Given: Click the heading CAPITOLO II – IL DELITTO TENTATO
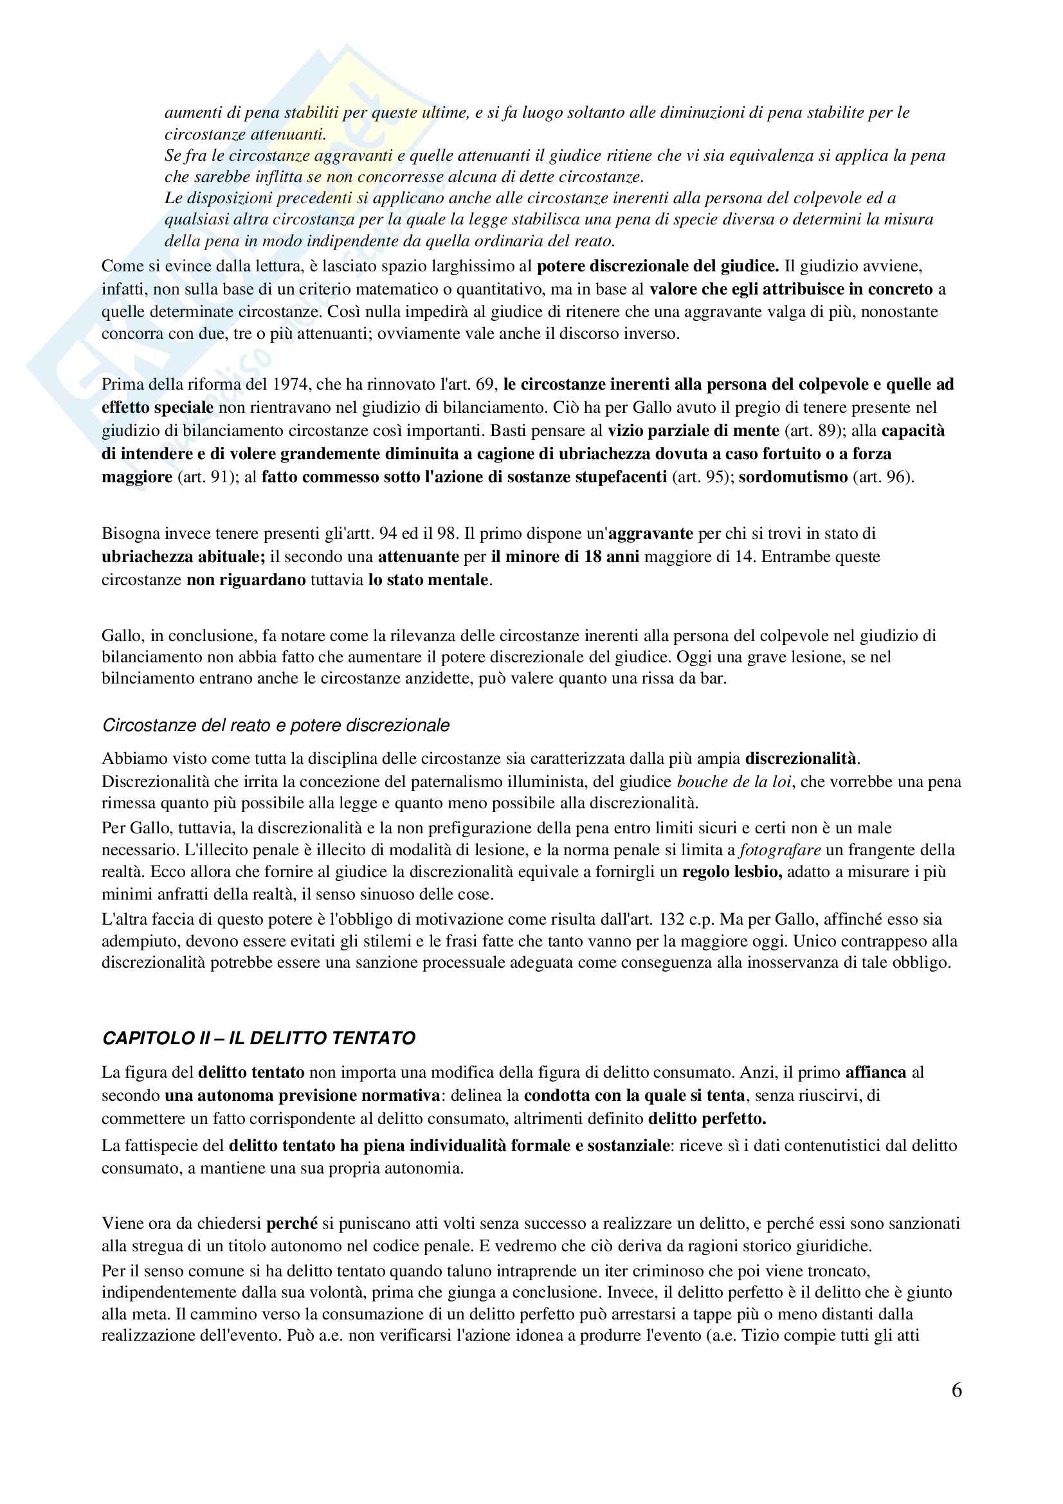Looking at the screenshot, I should pos(259,1038).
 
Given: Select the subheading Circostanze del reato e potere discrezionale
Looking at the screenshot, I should pos(276,725).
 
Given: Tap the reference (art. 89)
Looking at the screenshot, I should pos(813,430).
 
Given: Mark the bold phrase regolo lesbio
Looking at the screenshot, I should pos(732,872).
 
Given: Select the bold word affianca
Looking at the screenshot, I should pos(876,1073).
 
